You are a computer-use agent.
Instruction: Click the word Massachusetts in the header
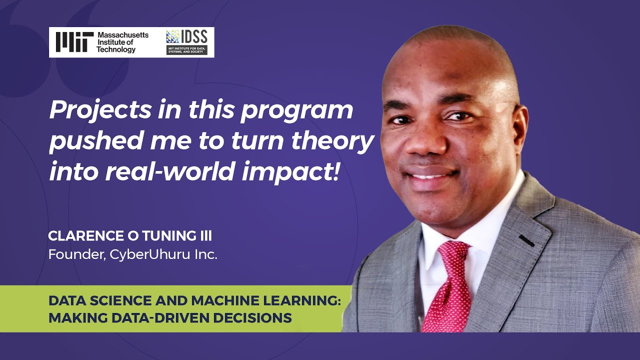122,35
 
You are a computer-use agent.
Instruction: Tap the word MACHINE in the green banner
227,301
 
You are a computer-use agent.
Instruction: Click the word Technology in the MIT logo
116,49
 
